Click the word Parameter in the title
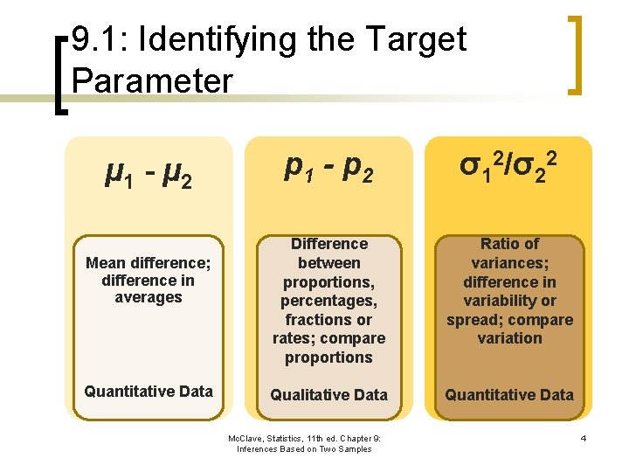[152, 80]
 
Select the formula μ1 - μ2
[148, 177]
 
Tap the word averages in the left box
[148, 297]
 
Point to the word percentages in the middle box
[328, 301]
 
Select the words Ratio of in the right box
[509, 244]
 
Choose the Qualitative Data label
[328, 395]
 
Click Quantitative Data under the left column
[148, 392]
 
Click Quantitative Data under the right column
[509, 395]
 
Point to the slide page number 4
[583, 437]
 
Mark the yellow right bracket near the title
[577, 54]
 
